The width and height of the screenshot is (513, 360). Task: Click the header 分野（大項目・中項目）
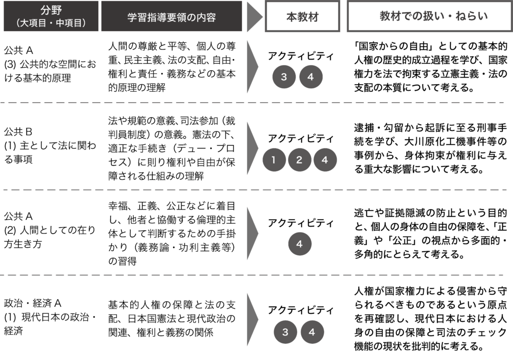51,16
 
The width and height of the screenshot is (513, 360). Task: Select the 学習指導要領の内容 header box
171,16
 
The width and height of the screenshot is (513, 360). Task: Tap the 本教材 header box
302,16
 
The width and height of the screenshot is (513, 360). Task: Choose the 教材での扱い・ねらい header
430,16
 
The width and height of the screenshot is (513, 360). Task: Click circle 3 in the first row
284,77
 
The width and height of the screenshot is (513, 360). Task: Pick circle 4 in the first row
311,77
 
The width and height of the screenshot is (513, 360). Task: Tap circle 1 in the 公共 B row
274,160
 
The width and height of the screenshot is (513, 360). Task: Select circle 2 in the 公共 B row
300,160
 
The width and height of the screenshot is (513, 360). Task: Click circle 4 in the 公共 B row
325,160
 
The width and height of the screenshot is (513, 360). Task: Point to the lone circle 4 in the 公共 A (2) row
300,244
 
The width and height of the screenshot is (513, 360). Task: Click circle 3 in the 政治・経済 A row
285,332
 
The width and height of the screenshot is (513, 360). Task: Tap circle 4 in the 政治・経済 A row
312,332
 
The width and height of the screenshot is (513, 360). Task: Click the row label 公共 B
19,132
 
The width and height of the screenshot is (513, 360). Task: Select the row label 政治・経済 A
33,303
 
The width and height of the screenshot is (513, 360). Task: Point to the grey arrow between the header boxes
255,17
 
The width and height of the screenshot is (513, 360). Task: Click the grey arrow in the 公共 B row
252,148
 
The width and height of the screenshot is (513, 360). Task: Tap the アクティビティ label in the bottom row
301,309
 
